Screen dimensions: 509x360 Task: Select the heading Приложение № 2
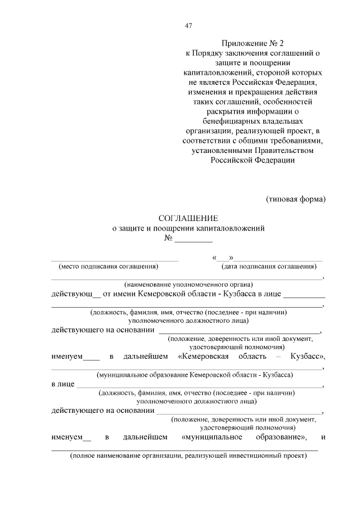253,43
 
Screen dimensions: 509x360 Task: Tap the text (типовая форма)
295,199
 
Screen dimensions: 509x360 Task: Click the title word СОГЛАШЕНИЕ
188,218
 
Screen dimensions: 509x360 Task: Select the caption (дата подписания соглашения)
268,266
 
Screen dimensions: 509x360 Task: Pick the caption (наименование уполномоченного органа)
188,284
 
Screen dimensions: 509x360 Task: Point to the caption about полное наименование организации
188,456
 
